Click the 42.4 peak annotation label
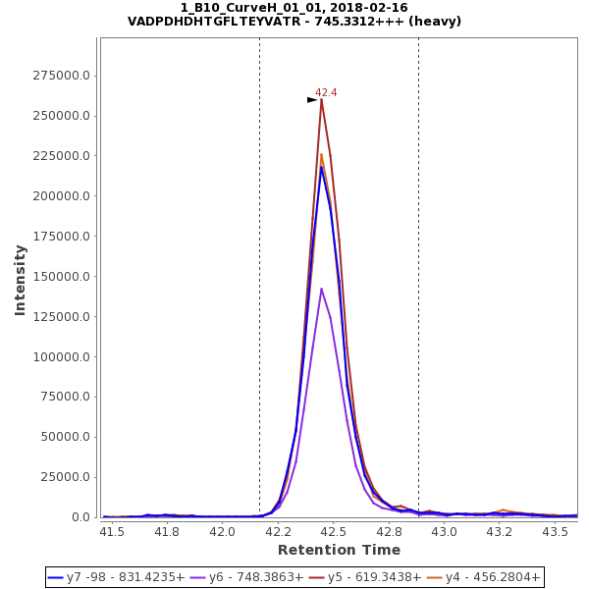point(326,92)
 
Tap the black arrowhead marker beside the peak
point(312,99)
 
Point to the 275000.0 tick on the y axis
point(62,76)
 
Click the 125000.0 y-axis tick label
point(62,317)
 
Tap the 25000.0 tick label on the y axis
point(65,477)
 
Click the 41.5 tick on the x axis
point(113,531)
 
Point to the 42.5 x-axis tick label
point(334,531)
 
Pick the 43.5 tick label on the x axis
point(556,531)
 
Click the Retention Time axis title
point(339,550)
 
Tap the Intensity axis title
point(20,280)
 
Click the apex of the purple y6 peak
point(321,289)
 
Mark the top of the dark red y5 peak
point(321,99)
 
